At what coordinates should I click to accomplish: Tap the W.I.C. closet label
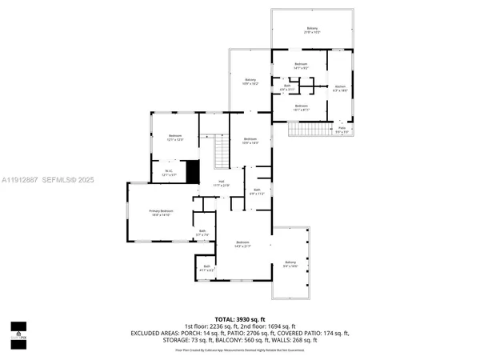169,170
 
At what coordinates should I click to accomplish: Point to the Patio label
342,128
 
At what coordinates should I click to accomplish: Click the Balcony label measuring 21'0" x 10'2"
312,30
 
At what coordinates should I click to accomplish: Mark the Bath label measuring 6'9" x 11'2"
257,191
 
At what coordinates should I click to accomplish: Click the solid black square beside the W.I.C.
192,172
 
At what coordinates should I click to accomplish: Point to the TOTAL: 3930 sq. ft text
239,318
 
